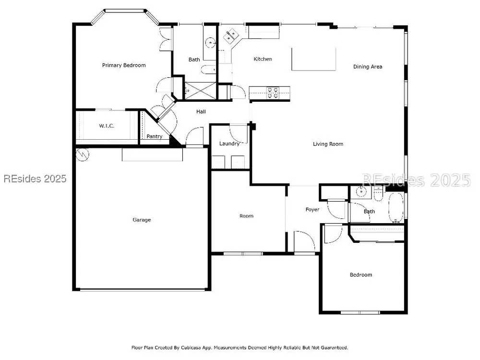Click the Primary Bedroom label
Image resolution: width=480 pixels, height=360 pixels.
(x=124, y=65)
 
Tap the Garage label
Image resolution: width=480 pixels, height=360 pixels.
(x=142, y=220)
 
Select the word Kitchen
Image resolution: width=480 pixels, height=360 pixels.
(x=263, y=59)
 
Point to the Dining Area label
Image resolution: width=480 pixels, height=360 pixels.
(x=368, y=67)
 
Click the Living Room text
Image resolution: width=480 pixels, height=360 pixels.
(x=328, y=144)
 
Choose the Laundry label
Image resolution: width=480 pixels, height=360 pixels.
(x=229, y=144)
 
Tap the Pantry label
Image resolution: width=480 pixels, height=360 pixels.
(x=154, y=136)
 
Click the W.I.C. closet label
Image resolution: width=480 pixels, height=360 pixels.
(x=107, y=126)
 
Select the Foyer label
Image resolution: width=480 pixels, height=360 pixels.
(x=312, y=210)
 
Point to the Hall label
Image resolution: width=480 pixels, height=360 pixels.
(x=201, y=112)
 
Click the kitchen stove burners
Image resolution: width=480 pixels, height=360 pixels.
(x=273, y=93)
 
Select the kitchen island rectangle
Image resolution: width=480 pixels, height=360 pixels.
(x=314, y=59)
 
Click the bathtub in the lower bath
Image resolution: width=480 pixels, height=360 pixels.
(x=396, y=207)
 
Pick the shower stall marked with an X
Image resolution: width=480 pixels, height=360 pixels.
(x=201, y=91)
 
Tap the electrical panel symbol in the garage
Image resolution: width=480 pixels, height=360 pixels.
(x=83, y=155)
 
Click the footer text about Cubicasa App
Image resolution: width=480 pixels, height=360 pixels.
(x=240, y=348)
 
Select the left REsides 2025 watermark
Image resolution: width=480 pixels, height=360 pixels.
(x=35, y=179)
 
